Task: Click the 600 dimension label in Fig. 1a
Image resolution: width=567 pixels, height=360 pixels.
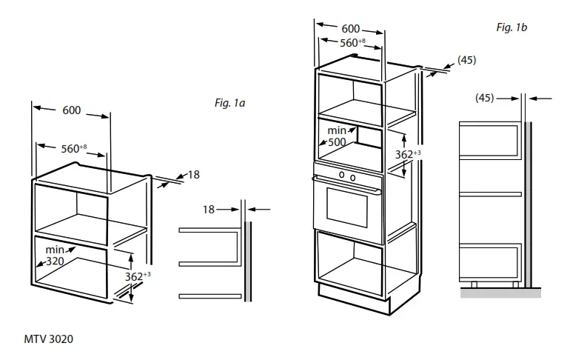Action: pyautogui.click(x=71, y=110)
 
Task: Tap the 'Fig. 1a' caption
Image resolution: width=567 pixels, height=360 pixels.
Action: pyautogui.click(x=229, y=103)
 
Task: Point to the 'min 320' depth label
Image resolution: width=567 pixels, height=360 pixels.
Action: pyautogui.click(x=55, y=256)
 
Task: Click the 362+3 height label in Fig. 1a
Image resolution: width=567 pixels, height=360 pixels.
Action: pyautogui.click(x=138, y=276)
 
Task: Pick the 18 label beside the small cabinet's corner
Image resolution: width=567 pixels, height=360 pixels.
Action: pyautogui.click(x=193, y=175)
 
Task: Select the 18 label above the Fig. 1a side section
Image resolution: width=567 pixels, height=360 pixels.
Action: pyautogui.click(x=209, y=210)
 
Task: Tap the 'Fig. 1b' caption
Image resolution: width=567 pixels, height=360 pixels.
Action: pyautogui.click(x=511, y=27)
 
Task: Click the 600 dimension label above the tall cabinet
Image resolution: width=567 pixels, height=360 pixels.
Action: pyautogui.click(x=351, y=29)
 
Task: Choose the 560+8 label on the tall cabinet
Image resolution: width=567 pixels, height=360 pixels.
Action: pyautogui.click(x=352, y=43)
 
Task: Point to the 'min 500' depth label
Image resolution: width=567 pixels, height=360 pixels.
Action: pyautogui.click(x=337, y=136)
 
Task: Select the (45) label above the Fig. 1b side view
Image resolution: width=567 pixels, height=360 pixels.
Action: pyautogui.click(x=484, y=97)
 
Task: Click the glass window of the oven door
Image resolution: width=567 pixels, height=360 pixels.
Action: pyautogui.click(x=347, y=207)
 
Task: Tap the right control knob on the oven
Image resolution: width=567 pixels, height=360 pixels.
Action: pyautogui.click(x=352, y=177)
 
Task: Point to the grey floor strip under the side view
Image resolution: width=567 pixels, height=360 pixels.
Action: pyautogui.click(x=500, y=293)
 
